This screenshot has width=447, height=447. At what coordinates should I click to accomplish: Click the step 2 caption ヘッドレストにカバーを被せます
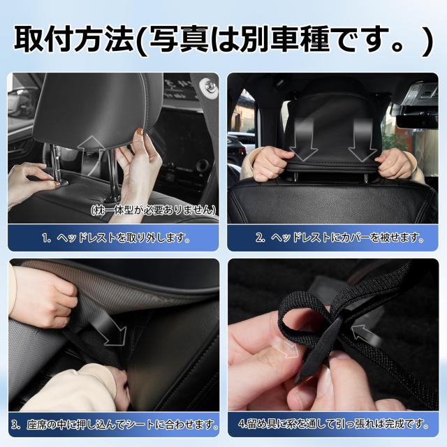coord(339,237)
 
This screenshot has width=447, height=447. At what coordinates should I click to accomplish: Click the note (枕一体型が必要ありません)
coord(153,210)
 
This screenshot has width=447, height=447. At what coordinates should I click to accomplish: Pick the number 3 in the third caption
coord(15,424)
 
